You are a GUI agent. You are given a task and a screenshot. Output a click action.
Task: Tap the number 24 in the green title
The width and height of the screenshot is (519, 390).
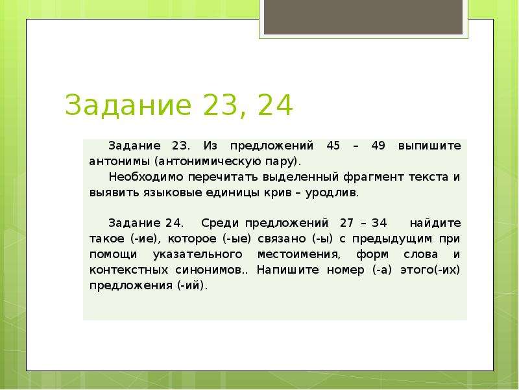[274, 105]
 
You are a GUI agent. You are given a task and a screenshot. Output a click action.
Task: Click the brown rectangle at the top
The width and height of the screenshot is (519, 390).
[363, 17]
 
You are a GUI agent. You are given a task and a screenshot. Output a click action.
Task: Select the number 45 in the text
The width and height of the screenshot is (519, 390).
[333, 146]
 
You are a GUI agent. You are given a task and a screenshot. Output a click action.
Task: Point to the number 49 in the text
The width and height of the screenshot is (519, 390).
[378, 146]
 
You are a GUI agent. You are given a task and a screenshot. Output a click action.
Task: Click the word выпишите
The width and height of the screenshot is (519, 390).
[429, 146]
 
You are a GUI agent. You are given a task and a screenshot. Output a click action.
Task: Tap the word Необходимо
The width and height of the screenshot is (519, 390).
[145, 177]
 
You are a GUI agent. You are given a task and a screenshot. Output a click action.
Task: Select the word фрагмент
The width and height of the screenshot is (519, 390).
[373, 177]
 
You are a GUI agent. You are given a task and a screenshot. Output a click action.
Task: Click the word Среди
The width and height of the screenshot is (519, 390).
[220, 224]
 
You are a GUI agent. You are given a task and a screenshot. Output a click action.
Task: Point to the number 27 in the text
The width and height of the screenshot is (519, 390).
[346, 223]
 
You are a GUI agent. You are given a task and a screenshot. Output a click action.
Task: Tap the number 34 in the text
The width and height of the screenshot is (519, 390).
[380, 223]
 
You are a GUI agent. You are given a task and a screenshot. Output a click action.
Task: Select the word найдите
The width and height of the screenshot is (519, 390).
[435, 223]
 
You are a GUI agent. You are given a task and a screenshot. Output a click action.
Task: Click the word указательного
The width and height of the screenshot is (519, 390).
[198, 254]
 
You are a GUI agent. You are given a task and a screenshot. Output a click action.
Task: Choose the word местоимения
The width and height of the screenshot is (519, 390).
[298, 255]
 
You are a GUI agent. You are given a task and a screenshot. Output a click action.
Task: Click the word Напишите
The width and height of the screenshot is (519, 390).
[287, 270]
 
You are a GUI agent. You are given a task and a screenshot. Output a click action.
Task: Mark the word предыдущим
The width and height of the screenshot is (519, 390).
[392, 239]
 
